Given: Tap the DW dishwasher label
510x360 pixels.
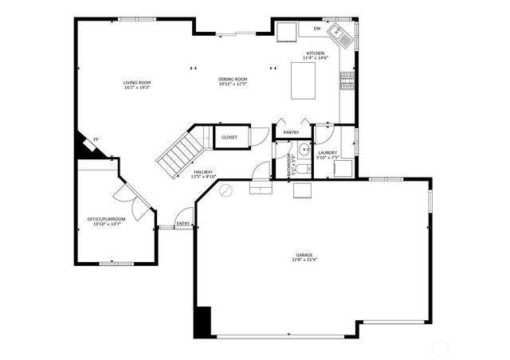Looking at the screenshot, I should [316, 29].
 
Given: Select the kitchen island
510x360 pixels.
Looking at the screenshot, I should [304, 81].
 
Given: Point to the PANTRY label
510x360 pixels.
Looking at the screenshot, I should [291, 133].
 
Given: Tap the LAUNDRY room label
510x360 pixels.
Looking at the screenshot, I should [327, 152].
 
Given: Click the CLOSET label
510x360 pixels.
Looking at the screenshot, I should [229, 137].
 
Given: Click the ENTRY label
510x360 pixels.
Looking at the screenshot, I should [183, 224].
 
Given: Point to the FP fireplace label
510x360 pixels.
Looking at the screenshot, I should [96, 139].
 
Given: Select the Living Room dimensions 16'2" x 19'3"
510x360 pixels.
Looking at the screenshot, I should [137, 88].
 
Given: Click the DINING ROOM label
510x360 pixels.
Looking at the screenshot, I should [233, 79].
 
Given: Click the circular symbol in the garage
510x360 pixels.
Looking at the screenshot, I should [226, 190].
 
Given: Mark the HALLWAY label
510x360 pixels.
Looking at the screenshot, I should [203, 171].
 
